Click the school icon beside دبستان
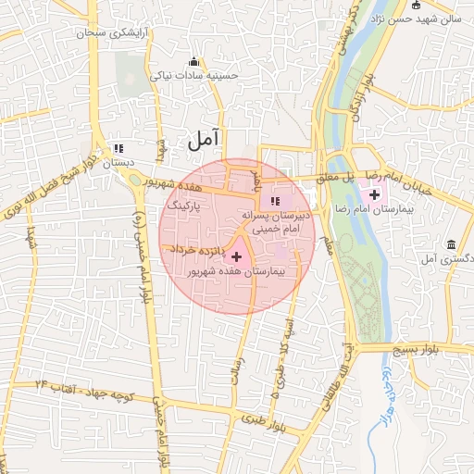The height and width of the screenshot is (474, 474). [118, 148]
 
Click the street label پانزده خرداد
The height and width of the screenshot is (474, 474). [194, 249]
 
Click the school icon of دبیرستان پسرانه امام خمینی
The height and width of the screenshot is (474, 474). [274, 201]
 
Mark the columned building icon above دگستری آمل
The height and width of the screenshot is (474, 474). [451, 244]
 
